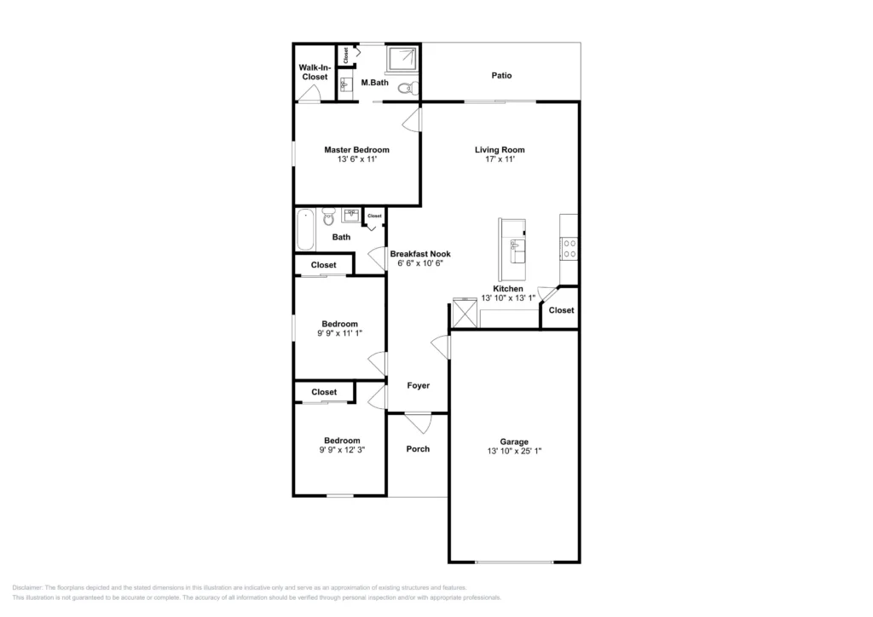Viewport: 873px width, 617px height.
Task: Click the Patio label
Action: tap(501, 76)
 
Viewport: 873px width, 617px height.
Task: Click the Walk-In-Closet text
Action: tap(313, 72)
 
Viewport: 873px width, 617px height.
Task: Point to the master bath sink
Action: tap(345, 84)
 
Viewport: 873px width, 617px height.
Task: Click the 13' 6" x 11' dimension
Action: tap(356, 159)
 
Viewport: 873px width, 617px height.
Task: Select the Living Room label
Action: tap(500, 150)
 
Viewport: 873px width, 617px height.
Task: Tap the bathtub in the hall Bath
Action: tap(305, 229)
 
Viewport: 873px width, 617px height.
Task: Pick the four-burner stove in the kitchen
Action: tap(569, 248)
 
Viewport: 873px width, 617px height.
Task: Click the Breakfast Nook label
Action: tap(420, 254)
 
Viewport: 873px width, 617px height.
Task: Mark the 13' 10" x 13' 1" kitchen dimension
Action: tap(508, 298)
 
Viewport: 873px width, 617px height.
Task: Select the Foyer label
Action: tap(418, 386)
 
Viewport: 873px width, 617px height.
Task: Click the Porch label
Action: tap(418, 449)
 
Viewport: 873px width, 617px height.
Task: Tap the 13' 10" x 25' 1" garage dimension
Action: tap(514, 451)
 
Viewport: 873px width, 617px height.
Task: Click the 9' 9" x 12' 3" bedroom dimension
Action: tap(341, 450)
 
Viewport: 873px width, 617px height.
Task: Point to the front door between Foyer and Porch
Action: tap(418, 421)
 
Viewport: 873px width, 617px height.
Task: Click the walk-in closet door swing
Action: tap(309, 94)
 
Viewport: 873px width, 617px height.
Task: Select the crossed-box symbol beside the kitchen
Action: tap(465, 314)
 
